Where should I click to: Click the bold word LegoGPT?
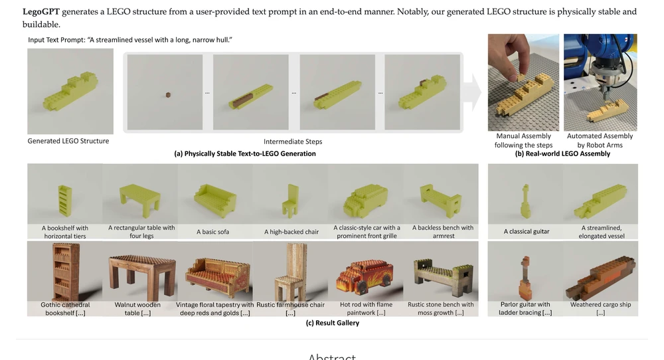pyautogui.click(x=41, y=12)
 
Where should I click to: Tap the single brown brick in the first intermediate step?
pyautogui.click(x=168, y=95)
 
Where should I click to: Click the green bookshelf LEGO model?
pyautogui.click(x=64, y=201)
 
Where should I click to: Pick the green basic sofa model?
pyautogui.click(x=214, y=199)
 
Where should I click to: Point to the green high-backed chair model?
pyautogui.click(x=291, y=200)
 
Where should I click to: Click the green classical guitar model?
pyautogui.click(x=525, y=201)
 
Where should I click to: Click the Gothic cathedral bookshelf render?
pyautogui.click(x=66, y=272)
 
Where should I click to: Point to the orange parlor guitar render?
pyautogui.click(x=525, y=277)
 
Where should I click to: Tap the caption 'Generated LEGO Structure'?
pyautogui.click(x=68, y=141)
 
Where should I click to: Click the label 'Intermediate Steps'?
pyautogui.click(x=293, y=141)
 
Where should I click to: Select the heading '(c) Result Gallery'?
pyautogui.click(x=333, y=323)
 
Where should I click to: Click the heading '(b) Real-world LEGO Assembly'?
pyautogui.click(x=562, y=153)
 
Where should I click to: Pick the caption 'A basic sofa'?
pyautogui.click(x=212, y=232)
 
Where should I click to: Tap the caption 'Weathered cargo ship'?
pyautogui.click(x=600, y=304)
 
